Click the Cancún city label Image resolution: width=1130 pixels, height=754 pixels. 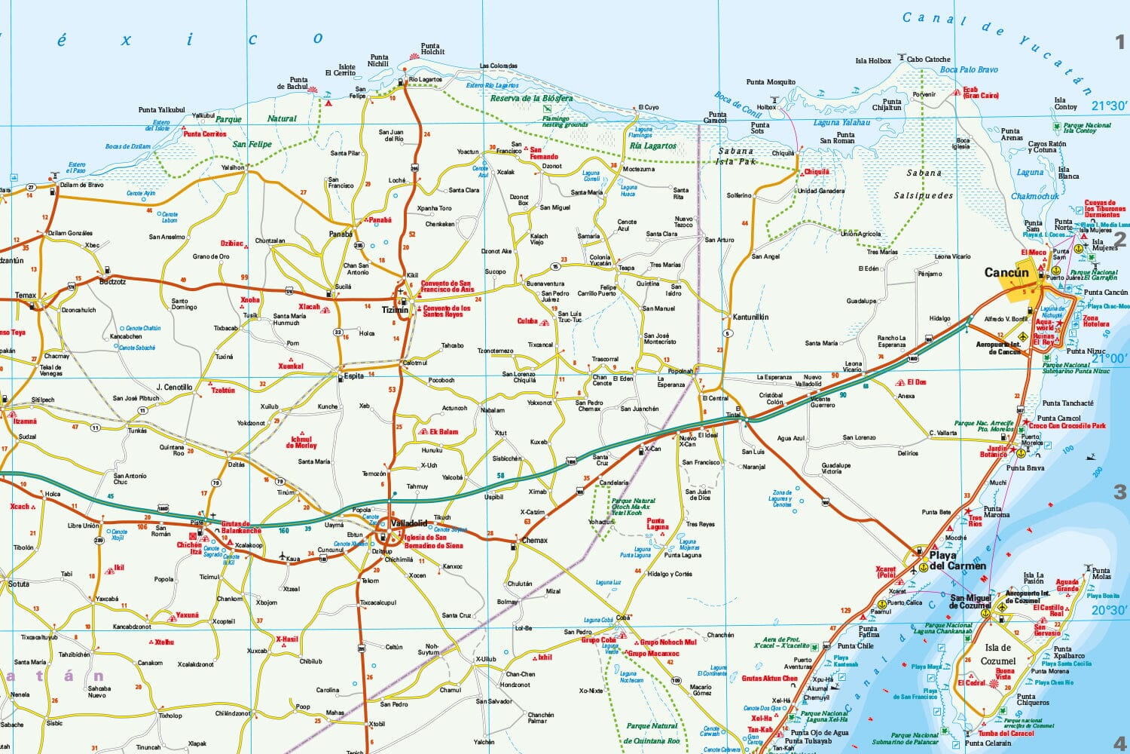(1006, 273)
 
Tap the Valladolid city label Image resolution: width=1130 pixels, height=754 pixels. (408, 523)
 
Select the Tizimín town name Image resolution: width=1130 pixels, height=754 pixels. (395, 310)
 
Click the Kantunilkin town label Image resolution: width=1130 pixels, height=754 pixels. (750, 317)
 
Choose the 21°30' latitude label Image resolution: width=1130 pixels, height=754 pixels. (1108, 106)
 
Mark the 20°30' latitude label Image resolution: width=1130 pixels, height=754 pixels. (1108, 610)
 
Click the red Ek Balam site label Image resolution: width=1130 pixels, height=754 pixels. (444, 432)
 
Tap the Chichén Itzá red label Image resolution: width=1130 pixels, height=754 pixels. (189, 548)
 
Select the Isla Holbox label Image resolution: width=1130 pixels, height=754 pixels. (873, 61)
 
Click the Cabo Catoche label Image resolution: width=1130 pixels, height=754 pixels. (928, 60)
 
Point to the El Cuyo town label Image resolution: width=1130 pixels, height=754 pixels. (648, 108)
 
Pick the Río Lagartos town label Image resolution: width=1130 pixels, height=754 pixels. (426, 80)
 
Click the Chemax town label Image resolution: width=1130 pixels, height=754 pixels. (534, 541)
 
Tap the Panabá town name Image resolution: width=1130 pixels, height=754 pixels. (341, 234)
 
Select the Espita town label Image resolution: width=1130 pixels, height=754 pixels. (354, 376)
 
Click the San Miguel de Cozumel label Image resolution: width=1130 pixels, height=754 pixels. (970, 601)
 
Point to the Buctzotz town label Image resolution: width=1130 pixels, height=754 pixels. (113, 281)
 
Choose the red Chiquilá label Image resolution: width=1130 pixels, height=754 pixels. (817, 172)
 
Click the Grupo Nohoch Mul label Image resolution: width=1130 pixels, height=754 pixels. (667, 642)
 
